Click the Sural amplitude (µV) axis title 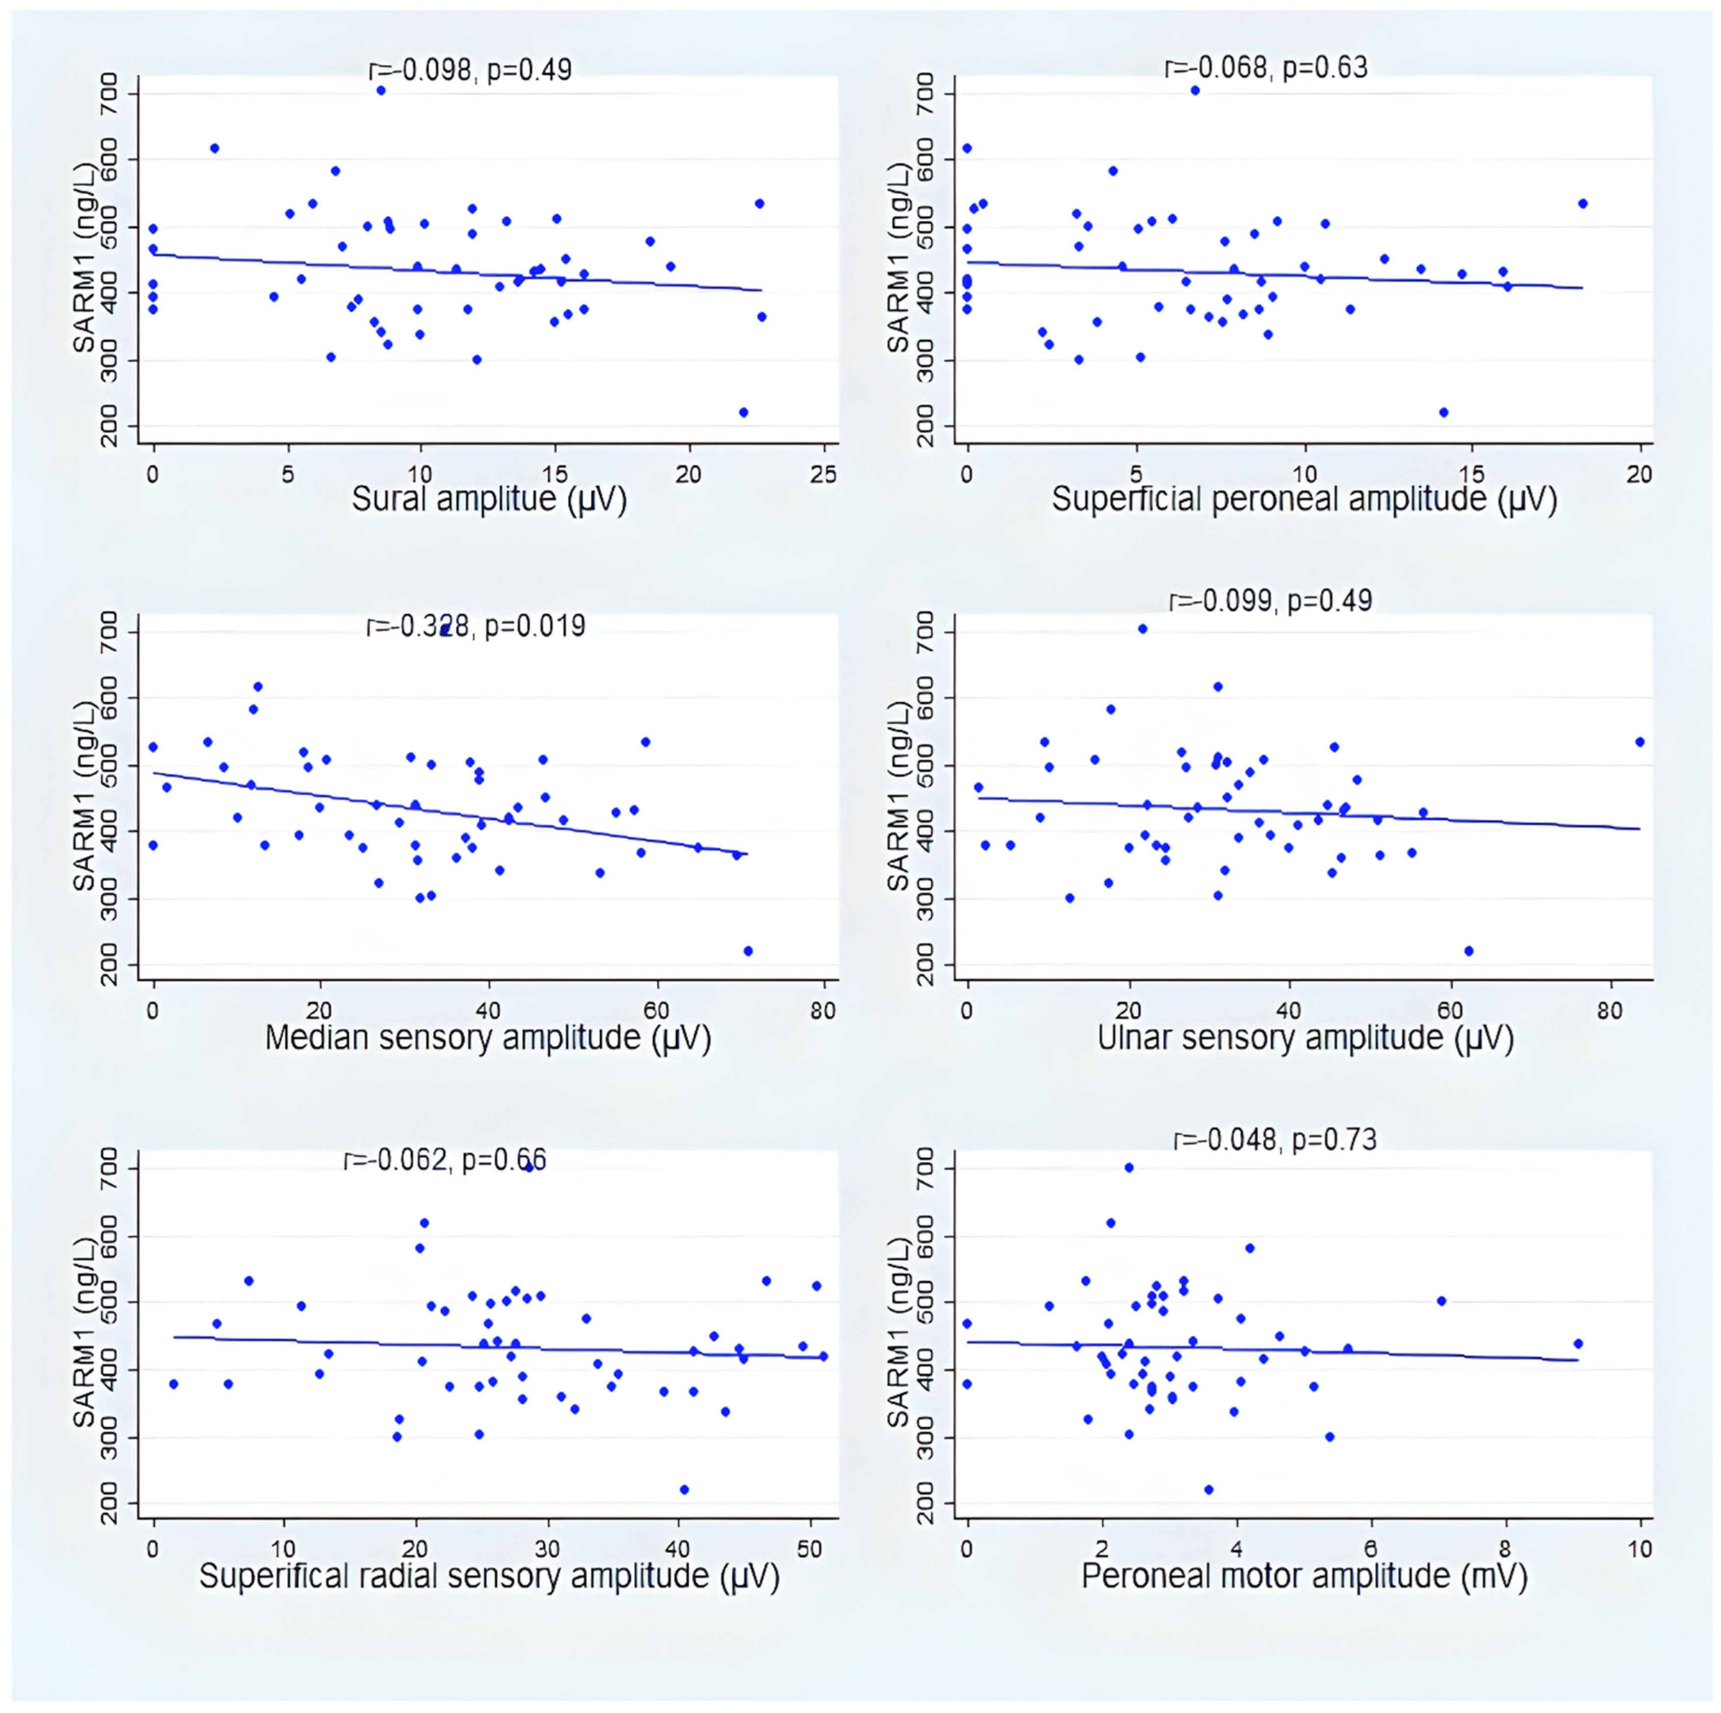(x=489, y=500)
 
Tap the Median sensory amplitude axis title (x=488, y=1038)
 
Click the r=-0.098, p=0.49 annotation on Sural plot (x=470, y=70)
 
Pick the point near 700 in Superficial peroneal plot (x=1195, y=90)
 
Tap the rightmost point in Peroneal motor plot (x=1578, y=1343)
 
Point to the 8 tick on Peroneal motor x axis (x=1505, y=1549)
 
